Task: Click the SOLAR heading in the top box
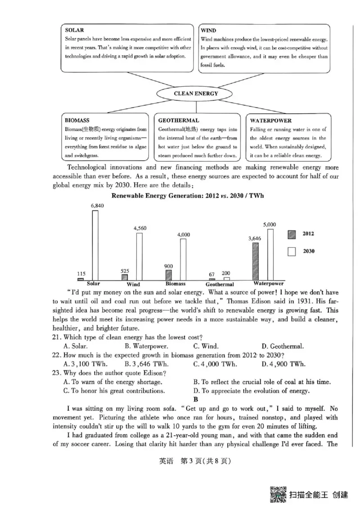(74, 30)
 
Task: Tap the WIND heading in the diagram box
(208, 31)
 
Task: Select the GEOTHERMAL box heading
(179, 121)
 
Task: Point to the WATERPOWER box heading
(271, 121)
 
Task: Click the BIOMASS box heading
(77, 121)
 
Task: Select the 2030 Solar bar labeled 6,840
(95, 245)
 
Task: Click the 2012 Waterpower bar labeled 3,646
(256, 262)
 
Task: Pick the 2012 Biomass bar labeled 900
(169, 275)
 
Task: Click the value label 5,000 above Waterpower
(270, 224)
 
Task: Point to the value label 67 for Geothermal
(212, 274)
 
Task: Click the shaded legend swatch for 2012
(292, 234)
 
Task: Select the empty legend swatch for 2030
(292, 251)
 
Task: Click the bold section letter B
(195, 399)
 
